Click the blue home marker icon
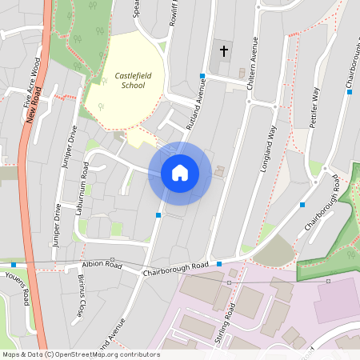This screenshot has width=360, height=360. coord(179,173)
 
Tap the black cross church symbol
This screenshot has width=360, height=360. coord(223,51)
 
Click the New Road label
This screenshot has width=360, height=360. coord(33,106)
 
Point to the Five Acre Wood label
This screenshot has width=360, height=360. coord(32,82)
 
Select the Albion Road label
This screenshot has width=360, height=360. coord(102,266)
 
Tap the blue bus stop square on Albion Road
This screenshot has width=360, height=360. coord(14,263)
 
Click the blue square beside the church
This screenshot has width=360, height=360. coord(203,76)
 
